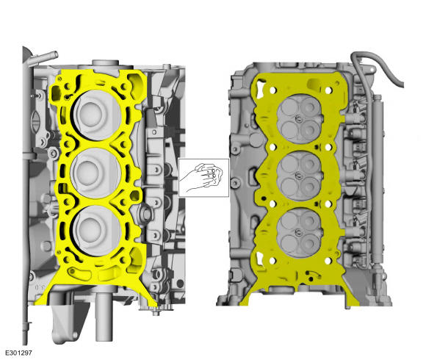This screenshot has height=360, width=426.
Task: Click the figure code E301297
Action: (x=18, y=353)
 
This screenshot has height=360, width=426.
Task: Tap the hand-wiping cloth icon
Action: (x=203, y=177)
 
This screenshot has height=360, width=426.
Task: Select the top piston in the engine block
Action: (x=95, y=116)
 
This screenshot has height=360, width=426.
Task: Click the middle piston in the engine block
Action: (x=95, y=173)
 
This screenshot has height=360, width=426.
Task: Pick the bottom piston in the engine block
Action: (x=95, y=231)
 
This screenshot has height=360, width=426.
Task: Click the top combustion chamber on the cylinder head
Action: (x=299, y=118)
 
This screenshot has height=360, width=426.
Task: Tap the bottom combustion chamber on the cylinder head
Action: (x=299, y=231)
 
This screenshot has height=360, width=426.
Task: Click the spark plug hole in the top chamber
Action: (x=298, y=118)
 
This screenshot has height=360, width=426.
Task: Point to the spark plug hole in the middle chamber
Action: (x=298, y=175)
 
